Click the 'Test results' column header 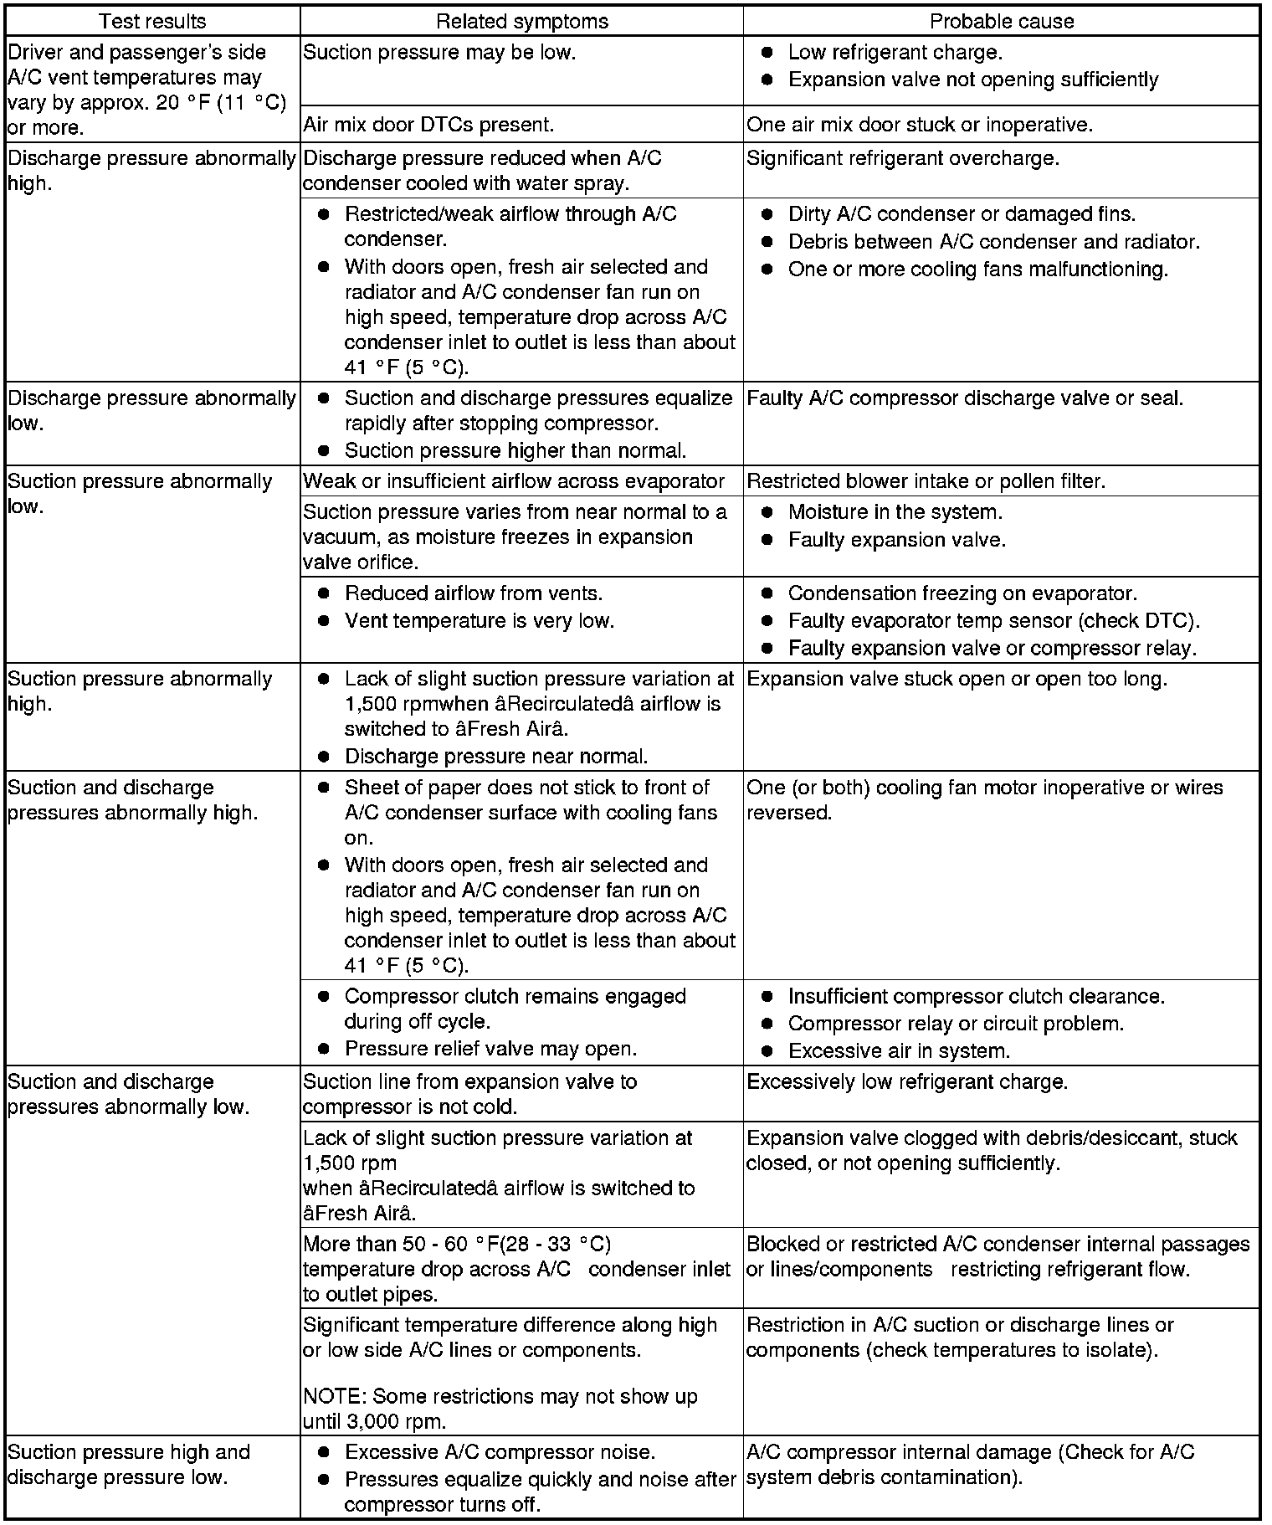click(152, 21)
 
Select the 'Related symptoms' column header click(521, 21)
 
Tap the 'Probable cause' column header click(1001, 21)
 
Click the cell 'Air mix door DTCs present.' click(428, 125)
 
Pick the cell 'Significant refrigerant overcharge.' click(902, 158)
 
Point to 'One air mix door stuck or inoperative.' click(919, 125)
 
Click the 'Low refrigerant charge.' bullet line click(895, 52)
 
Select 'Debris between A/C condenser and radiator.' click(993, 242)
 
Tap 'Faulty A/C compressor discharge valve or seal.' click(964, 398)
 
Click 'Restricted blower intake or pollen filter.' click(926, 481)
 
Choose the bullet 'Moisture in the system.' click(895, 511)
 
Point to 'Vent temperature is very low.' click(479, 620)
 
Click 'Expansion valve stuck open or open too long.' click(957, 679)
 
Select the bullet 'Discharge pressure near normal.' click(495, 757)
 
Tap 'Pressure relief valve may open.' click(490, 1049)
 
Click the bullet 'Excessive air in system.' click(899, 1050)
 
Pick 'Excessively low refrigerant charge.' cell click(906, 1081)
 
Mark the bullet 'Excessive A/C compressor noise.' click(500, 1452)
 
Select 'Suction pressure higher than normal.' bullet click(515, 450)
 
